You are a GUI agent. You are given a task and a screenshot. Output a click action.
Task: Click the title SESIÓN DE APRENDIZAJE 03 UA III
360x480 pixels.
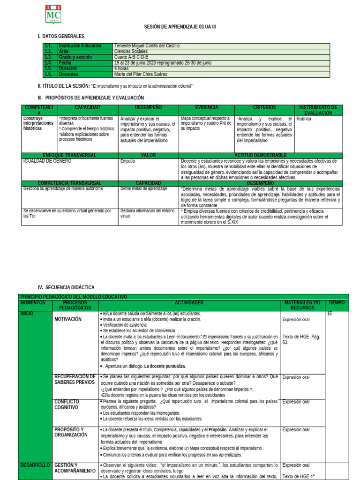coord(180,27)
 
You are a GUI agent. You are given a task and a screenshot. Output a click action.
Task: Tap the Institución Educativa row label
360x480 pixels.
coord(80,46)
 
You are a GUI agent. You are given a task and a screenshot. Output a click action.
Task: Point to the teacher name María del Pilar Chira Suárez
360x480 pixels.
coord(141,74)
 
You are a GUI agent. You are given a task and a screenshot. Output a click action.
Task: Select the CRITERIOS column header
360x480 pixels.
coord(264,108)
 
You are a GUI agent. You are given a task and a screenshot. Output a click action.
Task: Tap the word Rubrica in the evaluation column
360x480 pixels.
coord(304,119)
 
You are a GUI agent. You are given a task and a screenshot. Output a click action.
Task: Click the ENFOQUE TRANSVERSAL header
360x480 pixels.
coord(69,155)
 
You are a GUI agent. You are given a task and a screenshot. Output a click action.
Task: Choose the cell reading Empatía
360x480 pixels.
coord(127,161)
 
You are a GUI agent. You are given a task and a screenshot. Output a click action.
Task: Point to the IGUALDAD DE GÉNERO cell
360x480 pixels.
coord(47,161)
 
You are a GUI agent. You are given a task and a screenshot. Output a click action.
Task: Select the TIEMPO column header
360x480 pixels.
coord(336,303)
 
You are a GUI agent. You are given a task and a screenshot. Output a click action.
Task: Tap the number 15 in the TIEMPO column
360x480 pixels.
coord(330,313)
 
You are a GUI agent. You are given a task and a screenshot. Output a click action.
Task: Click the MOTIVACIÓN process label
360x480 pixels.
coord(68,319)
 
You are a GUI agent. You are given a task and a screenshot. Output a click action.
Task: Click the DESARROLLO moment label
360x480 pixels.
coord(35,465)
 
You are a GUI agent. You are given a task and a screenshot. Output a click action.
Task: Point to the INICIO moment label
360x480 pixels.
coord(27,313)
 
